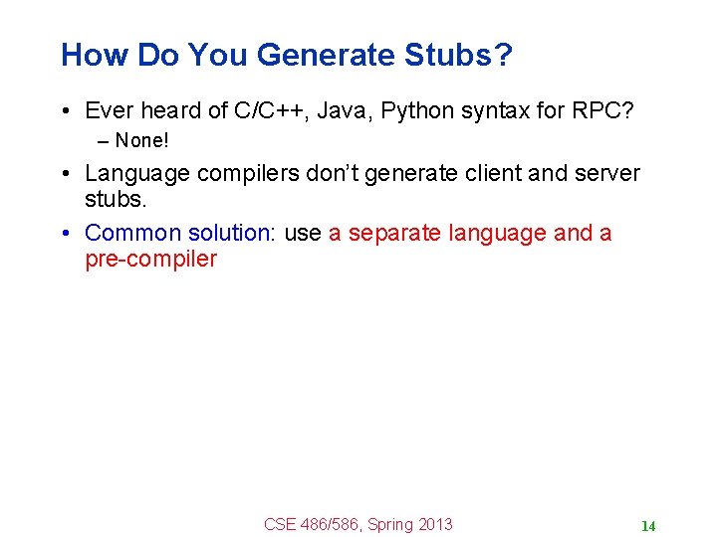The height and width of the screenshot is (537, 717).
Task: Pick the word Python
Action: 417,110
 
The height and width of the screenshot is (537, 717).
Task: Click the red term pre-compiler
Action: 150,261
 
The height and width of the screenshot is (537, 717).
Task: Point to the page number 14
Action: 647,526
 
